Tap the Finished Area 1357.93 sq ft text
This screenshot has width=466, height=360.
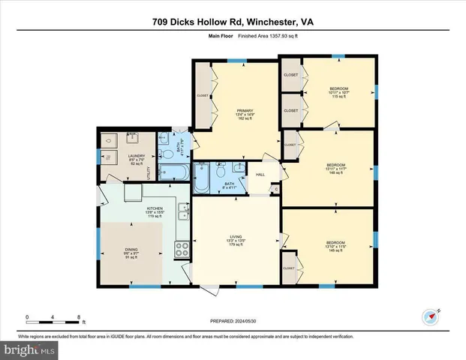257,36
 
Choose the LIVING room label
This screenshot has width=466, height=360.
236,241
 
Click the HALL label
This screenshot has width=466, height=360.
260,175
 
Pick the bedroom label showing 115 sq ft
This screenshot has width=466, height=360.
338,94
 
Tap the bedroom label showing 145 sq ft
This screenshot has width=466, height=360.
335,245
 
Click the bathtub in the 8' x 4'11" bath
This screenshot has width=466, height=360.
203,181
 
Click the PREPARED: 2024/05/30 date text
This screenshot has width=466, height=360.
233,320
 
